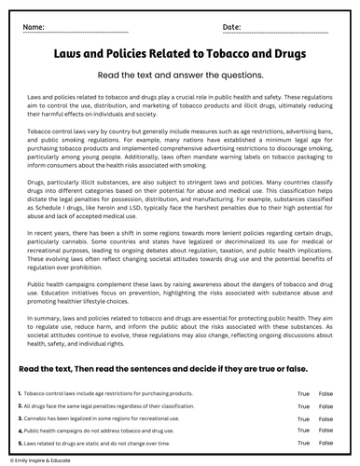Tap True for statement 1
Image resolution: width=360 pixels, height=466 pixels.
coord(303,394)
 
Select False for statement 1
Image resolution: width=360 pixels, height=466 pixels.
coord(325,394)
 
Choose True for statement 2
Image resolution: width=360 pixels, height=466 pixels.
coord(303,407)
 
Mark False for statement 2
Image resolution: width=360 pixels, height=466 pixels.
coord(325,407)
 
